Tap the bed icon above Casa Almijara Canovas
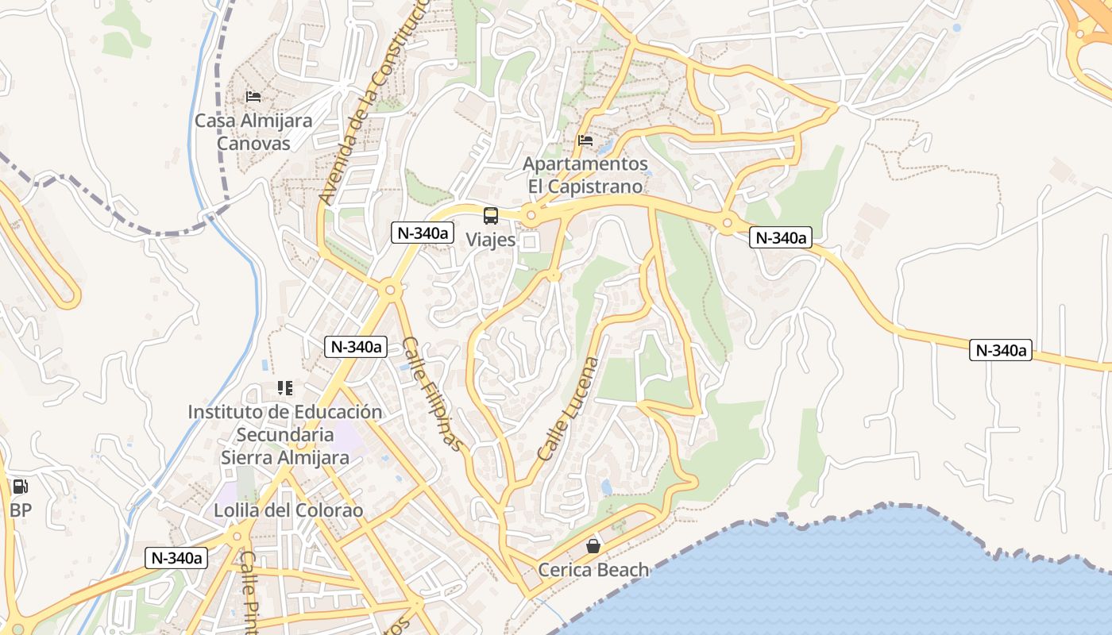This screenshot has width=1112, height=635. pos(253,97)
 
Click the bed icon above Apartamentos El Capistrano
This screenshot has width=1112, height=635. pos(585,140)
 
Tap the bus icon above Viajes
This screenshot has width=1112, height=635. pos(491,215)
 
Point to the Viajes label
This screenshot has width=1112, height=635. pos(490,240)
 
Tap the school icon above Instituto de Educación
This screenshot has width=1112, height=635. pos(284,388)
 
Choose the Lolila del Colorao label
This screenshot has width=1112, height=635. pos(288,510)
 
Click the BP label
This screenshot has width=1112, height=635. pos(21,510)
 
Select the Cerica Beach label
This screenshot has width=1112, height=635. pos(593,570)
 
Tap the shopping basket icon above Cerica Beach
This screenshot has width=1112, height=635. pos(593,546)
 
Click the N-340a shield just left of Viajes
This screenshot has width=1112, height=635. pos(423,233)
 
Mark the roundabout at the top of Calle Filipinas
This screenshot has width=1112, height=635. pos(389,291)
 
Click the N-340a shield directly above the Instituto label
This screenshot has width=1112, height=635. pos(355,347)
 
